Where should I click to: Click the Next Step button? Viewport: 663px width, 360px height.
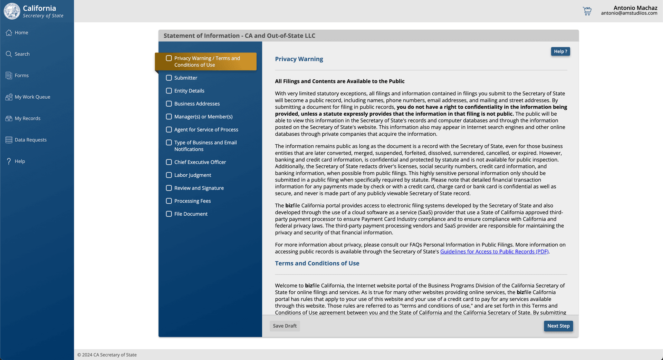click(x=558, y=326)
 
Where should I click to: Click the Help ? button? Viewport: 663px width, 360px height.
click(x=560, y=51)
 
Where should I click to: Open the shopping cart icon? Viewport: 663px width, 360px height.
click(x=587, y=11)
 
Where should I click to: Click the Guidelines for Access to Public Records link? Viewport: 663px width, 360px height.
click(x=494, y=252)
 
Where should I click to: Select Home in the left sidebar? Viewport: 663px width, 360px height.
click(x=21, y=32)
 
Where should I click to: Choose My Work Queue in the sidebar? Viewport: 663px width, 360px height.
click(x=32, y=97)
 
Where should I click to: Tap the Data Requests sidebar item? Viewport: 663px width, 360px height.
click(x=30, y=140)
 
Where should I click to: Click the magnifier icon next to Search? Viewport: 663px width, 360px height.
click(x=9, y=54)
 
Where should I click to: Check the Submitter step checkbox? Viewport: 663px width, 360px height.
click(x=169, y=78)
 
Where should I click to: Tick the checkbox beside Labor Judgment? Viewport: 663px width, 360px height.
click(x=169, y=175)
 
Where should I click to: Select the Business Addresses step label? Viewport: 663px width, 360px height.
click(x=197, y=104)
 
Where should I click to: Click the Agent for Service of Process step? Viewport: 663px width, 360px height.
click(x=206, y=130)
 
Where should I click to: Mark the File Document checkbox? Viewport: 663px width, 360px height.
click(x=169, y=214)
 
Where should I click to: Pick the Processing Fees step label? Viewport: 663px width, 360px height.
click(x=192, y=201)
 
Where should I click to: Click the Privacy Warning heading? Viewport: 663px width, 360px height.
click(x=299, y=59)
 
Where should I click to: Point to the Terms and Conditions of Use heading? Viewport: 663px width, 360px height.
click(x=317, y=263)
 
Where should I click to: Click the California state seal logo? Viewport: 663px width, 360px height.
click(x=12, y=11)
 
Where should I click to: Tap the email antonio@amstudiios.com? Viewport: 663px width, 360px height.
click(x=629, y=13)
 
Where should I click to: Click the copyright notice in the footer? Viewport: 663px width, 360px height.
click(x=107, y=355)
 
